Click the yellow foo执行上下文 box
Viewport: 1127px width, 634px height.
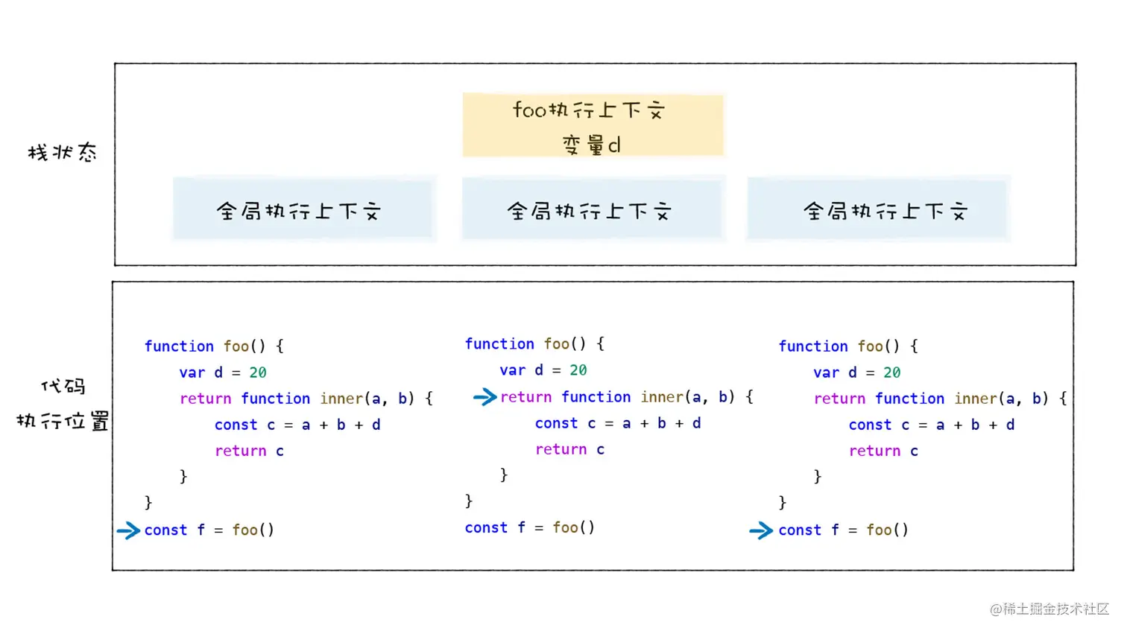[x=593, y=124]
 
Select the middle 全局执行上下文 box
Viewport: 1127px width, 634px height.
[x=592, y=209]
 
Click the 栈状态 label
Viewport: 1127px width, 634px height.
[x=63, y=153]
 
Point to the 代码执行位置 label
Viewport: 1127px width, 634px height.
[x=63, y=404]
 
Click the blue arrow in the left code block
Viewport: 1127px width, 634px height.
[x=128, y=530]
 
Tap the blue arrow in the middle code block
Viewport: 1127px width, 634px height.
[x=484, y=397]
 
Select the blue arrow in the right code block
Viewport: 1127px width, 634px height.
[x=761, y=530]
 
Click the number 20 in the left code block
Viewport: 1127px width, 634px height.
[x=258, y=373]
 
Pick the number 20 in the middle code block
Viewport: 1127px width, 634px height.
[x=578, y=370]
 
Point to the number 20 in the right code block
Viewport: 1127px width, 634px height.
[x=892, y=373]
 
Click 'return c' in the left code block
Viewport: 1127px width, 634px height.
[x=249, y=451]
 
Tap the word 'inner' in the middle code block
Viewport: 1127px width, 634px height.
[x=662, y=397]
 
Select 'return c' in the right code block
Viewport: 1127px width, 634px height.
[x=883, y=451]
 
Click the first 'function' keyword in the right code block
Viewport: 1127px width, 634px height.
[x=813, y=346]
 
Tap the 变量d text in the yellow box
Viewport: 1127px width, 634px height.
[x=591, y=145]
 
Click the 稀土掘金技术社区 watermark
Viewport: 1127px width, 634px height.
[x=1049, y=609]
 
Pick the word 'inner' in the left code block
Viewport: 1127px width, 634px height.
[x=341, y=399]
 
